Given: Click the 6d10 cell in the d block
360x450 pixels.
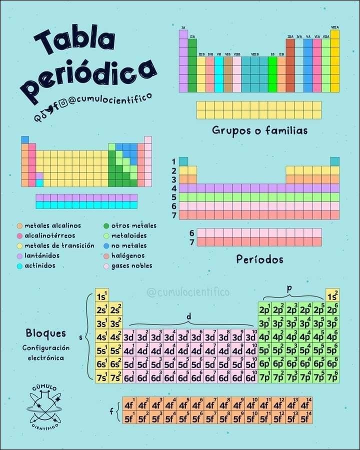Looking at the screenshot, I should pos(251,376).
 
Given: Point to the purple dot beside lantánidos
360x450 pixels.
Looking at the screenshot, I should pos(19,255).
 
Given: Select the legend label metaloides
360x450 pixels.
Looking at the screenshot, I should pos(129,235).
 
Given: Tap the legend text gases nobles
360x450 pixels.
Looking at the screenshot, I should pos(131,265).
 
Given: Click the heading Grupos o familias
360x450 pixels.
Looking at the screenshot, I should pos(259,130).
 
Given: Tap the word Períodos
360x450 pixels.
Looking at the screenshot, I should pos(259,259).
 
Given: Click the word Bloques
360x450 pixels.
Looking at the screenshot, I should pos(45,333).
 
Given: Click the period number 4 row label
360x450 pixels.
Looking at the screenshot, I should pos(174,188).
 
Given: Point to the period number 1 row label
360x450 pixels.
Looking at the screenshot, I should pos(174,161).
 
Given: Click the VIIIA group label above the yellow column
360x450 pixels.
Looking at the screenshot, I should pos(334,27).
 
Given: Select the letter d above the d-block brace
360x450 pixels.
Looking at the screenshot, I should pos(188,316).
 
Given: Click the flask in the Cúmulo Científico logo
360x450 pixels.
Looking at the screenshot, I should pos(44,406).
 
